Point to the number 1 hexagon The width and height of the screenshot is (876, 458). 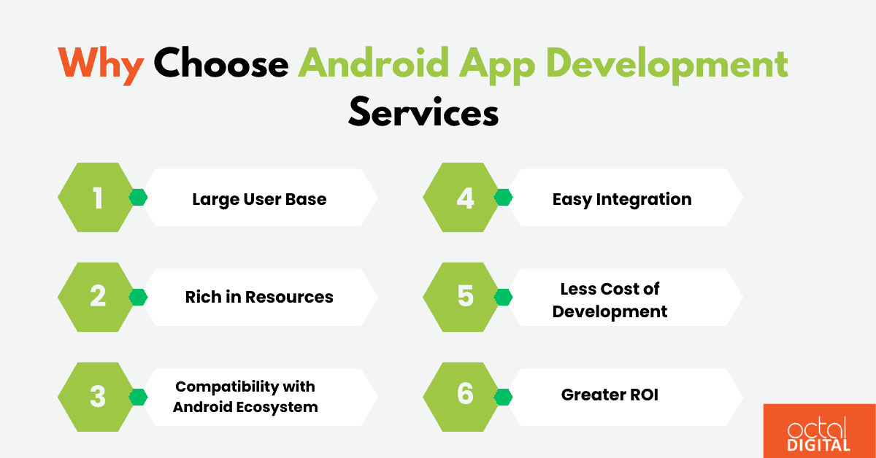coord(98,198)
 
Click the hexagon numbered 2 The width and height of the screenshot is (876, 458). coord(98,297)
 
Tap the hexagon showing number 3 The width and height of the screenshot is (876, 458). coord(98,396)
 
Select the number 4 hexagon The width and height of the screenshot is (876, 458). coord(465,198)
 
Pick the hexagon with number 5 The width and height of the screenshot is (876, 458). coord(465,297)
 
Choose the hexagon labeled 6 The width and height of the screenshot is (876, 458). coord(465,395)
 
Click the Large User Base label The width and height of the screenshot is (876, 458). coord(259,199)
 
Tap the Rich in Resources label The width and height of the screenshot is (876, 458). coord(259,297)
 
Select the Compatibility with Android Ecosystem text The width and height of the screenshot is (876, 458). coord(245,397)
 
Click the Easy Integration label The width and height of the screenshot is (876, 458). coord(621,199)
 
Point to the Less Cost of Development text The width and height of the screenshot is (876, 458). coord(610,300)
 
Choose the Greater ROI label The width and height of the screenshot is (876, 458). coord(610,395)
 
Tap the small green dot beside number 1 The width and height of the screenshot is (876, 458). coord(138,198)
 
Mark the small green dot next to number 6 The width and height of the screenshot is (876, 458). coord(503,396)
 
